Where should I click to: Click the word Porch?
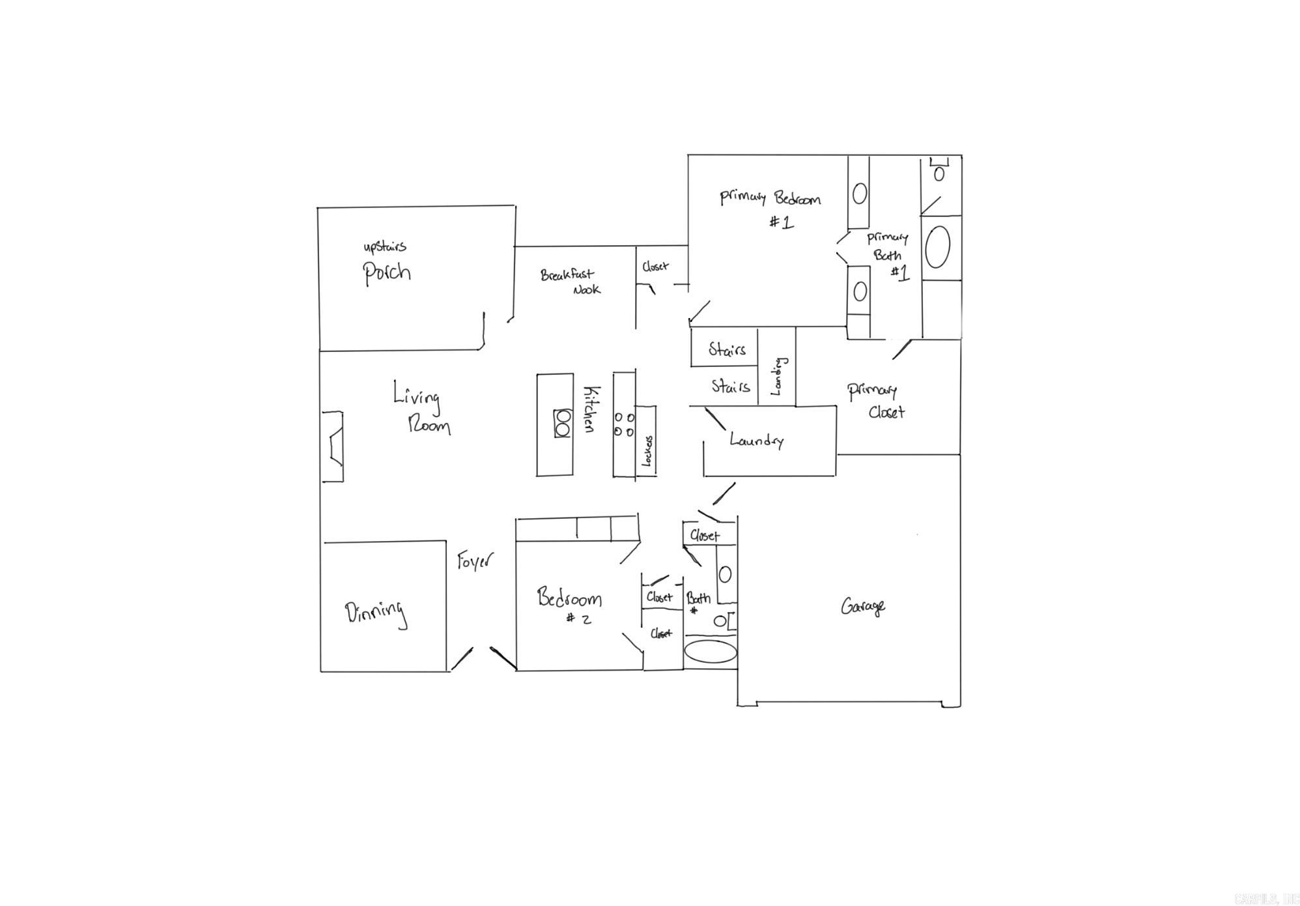(387, 272)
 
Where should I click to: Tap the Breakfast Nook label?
(569, 282)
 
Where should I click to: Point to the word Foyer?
(475, 561)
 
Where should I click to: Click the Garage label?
(862, 607)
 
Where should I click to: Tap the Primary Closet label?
(876, 401)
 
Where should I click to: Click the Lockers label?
(647, 450)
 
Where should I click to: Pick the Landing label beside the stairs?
(778, 376)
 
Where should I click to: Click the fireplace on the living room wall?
(333, 446)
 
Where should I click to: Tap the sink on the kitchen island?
(562, 423)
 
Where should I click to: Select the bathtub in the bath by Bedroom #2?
(710, 651)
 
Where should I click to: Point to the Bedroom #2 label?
(569, 604)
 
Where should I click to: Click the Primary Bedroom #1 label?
(770, 208)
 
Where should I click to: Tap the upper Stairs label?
(727, 350)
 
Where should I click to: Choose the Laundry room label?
(756, 441)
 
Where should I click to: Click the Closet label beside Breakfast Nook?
(655, 267)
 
